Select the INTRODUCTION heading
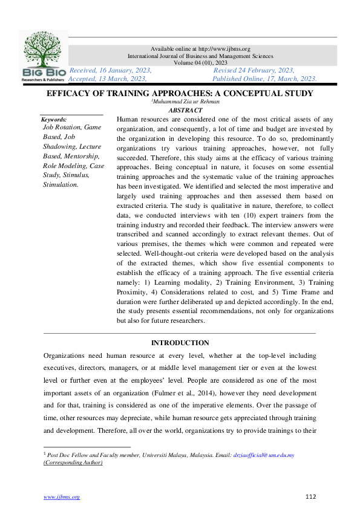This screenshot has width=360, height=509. (180, 343)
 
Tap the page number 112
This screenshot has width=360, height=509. (311, 497)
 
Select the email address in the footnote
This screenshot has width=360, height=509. (264, 455)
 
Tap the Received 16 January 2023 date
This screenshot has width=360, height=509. (110, 70)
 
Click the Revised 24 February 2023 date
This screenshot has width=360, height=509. (254, 70)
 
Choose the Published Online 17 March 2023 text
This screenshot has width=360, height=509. (264, 79)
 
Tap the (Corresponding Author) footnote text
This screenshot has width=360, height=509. (73, 462)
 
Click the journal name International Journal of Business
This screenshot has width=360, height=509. (200, 56)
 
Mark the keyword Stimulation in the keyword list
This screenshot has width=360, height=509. (61, 184)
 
